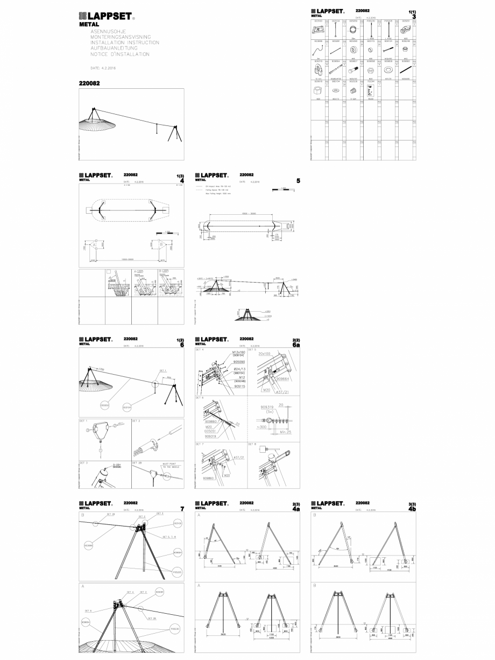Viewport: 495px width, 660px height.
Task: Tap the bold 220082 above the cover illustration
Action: click(89, 83)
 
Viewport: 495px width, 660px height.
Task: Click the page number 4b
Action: click(412, 509)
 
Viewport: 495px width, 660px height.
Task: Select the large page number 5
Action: click(298, 181)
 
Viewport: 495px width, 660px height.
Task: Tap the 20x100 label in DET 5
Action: click(265, 354)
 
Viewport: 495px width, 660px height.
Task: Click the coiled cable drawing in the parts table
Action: click(354, 31)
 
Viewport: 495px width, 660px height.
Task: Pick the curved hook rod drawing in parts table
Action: click(318, 52)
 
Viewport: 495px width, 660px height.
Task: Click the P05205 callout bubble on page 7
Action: click(177, 572)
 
